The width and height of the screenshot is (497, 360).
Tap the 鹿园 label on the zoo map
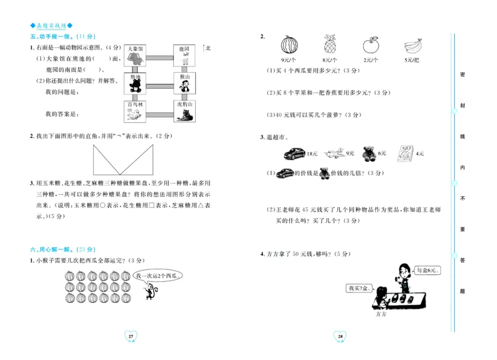[x=184, y=48]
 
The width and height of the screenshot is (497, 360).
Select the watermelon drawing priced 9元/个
[x=288, y=45]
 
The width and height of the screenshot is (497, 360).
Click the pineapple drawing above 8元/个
[x=329, y=44]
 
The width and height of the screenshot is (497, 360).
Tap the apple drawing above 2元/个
[x=371, y=45]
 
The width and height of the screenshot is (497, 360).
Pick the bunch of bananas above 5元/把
[x=412, y=45]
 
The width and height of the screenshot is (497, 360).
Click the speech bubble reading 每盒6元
[x=427, y=270]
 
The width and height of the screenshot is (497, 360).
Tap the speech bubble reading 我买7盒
[x=358, y=288]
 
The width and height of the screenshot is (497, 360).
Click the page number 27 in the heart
[x=130, y=336]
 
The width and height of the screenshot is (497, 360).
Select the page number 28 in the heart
[x=340, y=336]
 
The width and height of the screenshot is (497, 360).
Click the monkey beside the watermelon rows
[x=148, y=290]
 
